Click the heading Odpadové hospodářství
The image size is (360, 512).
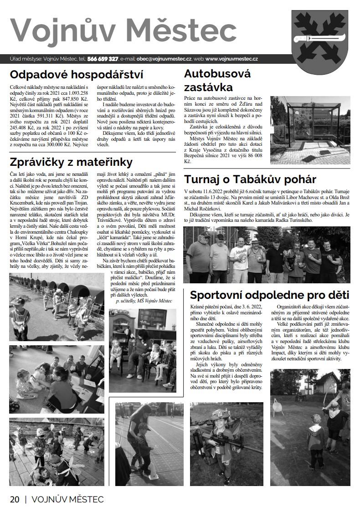pos(77,74)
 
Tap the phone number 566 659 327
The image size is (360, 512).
pos(103,59)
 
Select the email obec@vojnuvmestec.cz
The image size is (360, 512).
pos(163,59)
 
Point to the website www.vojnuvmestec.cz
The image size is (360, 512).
pos(232,59)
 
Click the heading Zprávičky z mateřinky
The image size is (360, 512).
pos(71,162)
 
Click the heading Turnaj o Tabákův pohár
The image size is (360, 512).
pos(250,179)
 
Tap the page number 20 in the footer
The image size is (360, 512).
pos(14,499)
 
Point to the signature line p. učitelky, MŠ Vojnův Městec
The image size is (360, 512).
pos(144,301)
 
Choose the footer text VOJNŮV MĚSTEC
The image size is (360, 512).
pos(67,499)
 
